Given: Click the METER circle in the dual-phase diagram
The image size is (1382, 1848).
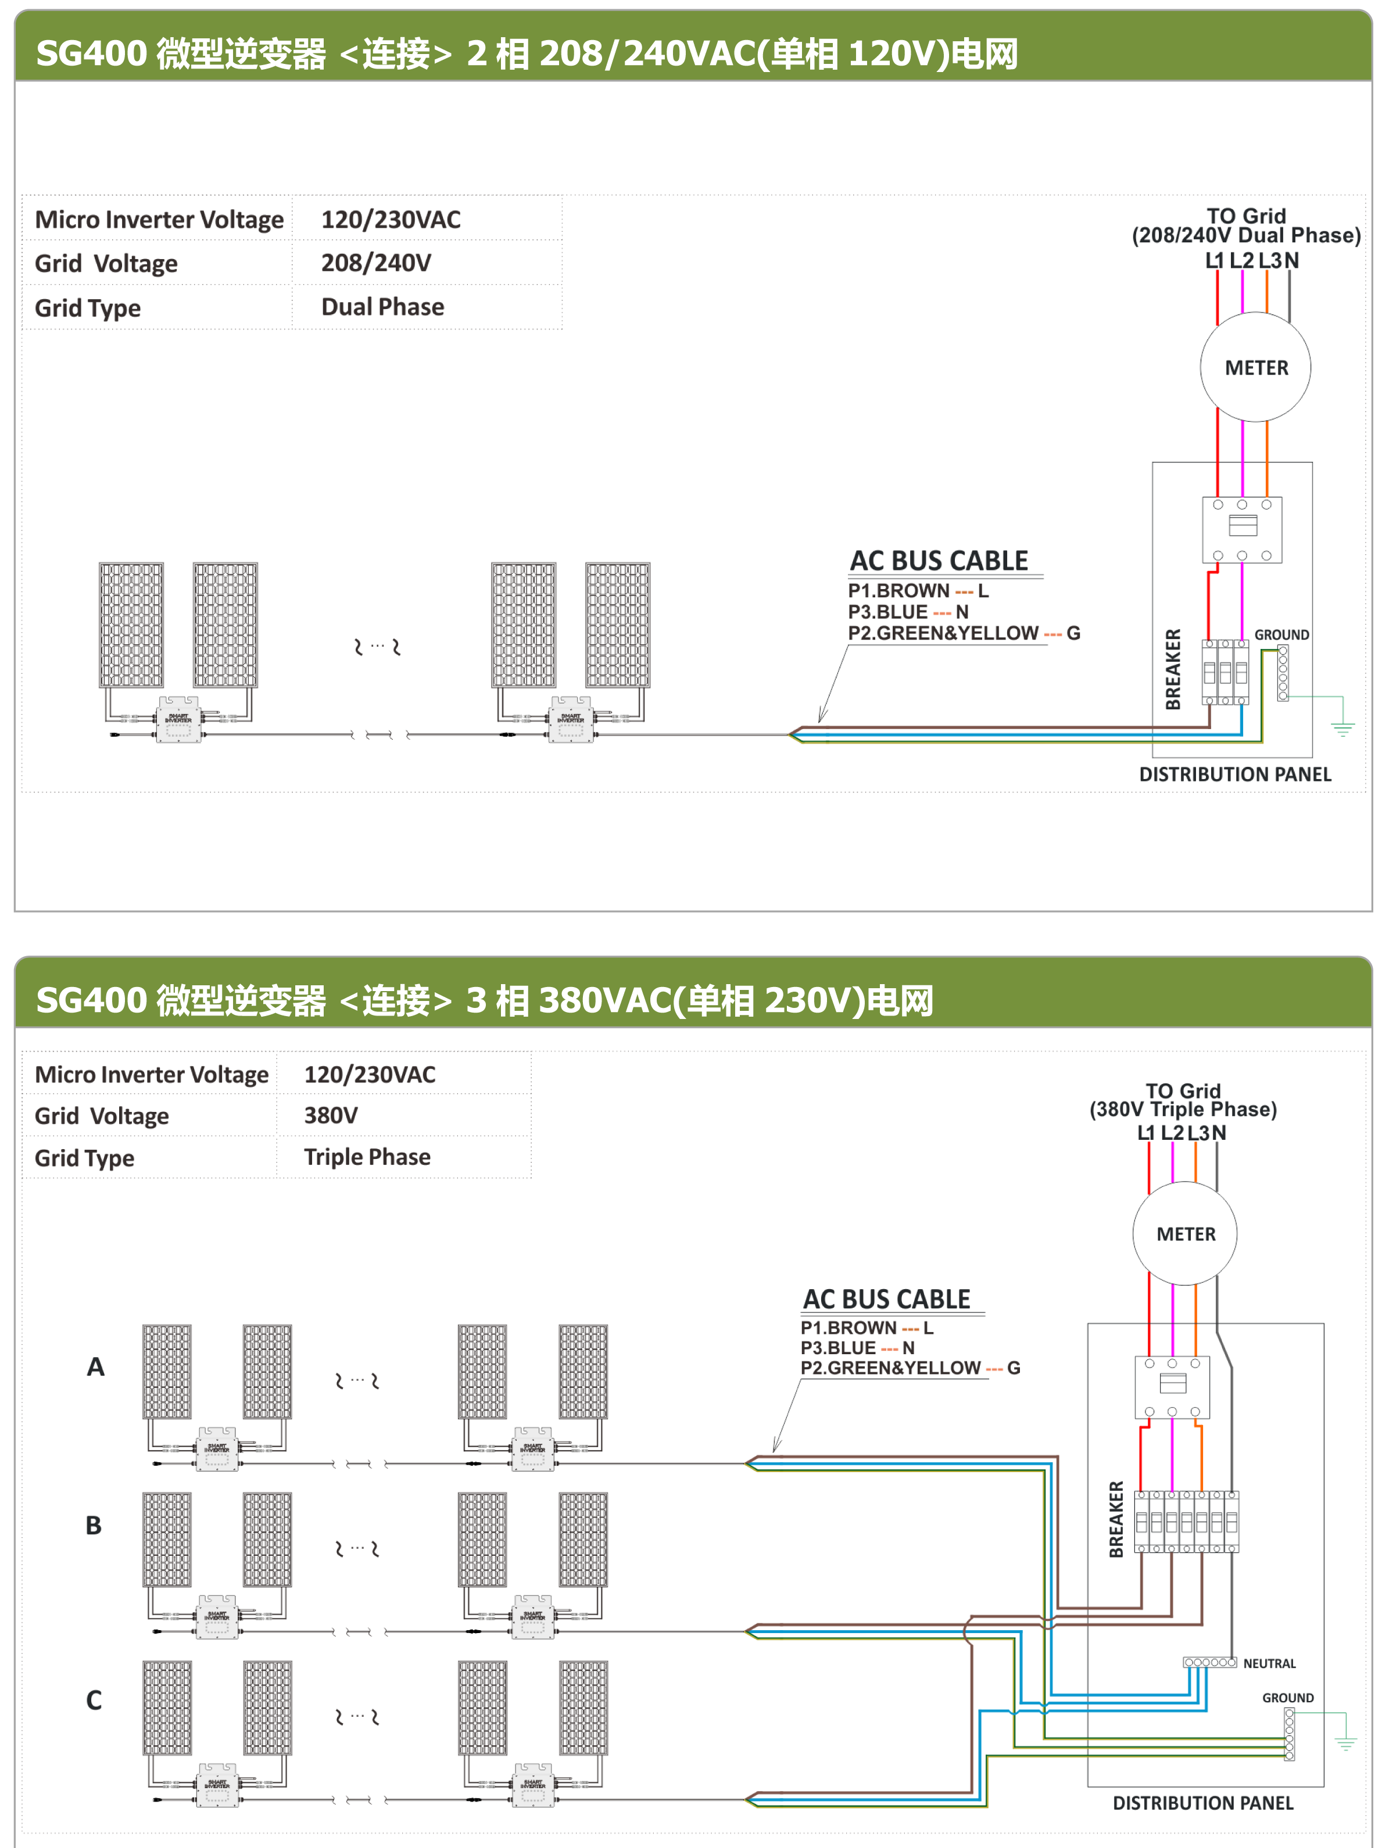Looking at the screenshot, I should (x=1255, y=368).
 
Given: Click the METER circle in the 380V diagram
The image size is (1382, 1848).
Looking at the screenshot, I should (x=1185, y=1234).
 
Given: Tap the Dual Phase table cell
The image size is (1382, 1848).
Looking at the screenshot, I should (x=382, y=307).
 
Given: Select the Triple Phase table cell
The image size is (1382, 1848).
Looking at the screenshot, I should (x=368, y=1157).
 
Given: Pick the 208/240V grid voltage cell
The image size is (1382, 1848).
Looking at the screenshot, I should (x=376, y=263).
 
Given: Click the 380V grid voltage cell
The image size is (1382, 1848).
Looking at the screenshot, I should (x=331, y=1115).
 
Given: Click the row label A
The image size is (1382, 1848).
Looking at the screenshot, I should (x=96, y=1367).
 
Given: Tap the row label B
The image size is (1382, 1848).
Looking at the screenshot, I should (x=94, y=1526).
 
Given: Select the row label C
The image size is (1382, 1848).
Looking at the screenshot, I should (x=94, y=1700).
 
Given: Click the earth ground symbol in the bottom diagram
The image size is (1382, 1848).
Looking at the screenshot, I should (x=1345, y=1743).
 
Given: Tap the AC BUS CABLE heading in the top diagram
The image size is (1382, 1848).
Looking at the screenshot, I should (x=939, y=561).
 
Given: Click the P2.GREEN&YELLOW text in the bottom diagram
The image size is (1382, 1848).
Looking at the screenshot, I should (x=890, y=1368).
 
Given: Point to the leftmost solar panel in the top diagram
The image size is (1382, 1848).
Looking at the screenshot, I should (x=131, y=625).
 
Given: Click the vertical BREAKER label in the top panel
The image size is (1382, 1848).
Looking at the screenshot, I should (x=1173, y=669).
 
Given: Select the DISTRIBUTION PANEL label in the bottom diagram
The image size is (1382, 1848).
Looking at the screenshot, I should (x=1202, y=1803).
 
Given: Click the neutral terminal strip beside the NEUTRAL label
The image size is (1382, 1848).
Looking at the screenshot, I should (x=1209, y=1663).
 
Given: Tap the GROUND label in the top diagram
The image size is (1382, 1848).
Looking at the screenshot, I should (x=1281, y=635).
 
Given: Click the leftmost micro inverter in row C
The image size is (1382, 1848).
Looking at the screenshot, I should (x=216, y=1785).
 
